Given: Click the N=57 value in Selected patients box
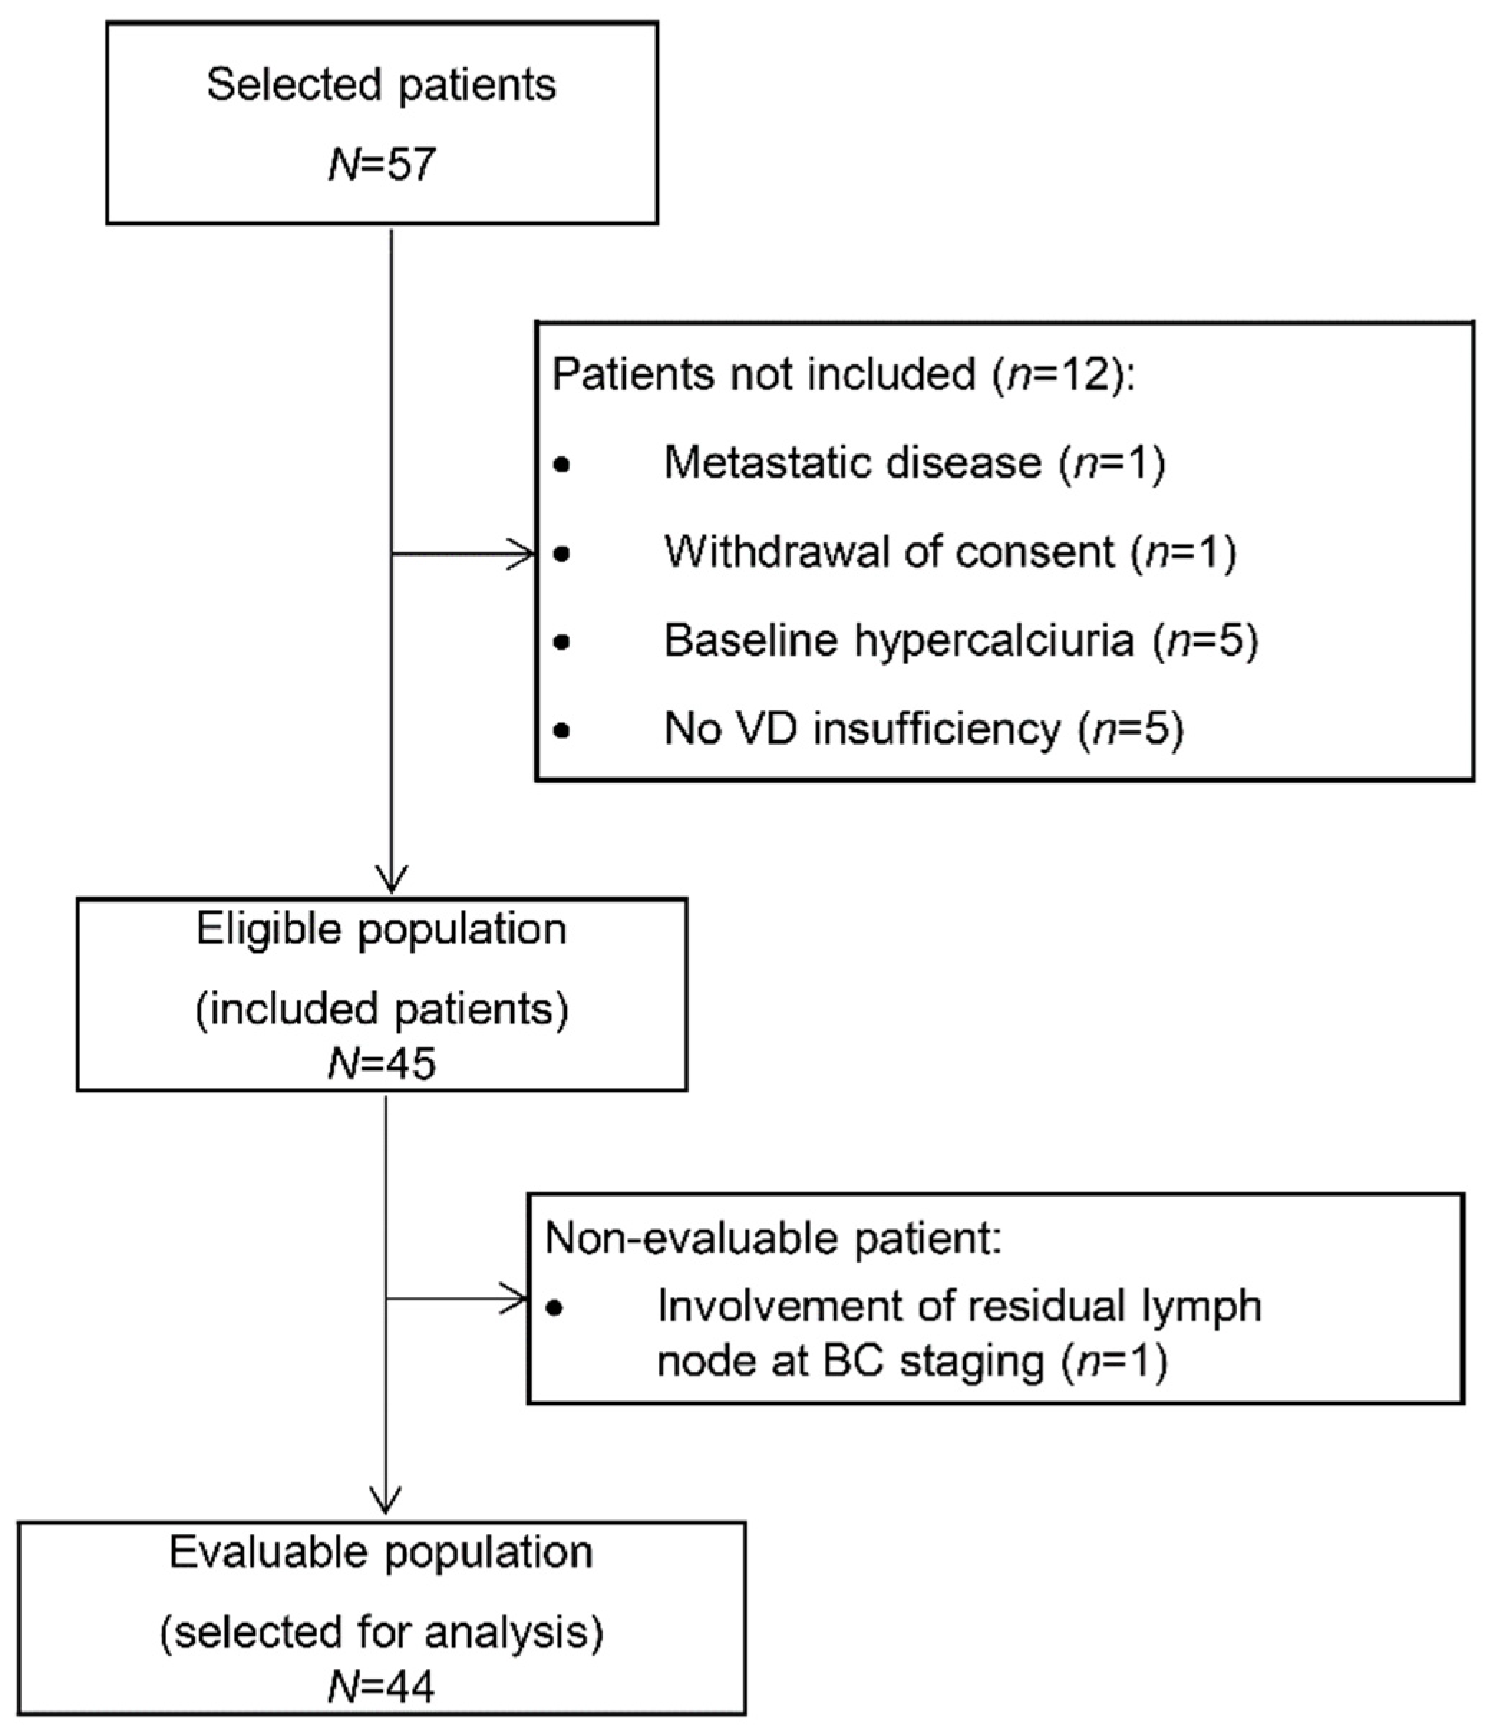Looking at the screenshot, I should tap(382, 164).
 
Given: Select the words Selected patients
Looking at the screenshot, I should tap(382, 85).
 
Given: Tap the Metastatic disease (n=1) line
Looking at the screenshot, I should tap(913, 463).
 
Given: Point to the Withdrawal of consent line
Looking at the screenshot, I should tap(950, 552).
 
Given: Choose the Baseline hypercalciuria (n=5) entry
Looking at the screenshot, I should tap(961, 641).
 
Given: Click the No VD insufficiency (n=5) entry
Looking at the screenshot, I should tap(923, 729).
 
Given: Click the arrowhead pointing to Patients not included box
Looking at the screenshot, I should tap(524, 554).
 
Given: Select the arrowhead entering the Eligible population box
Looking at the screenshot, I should tap(392, 882).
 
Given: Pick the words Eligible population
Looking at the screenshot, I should tap(382, 929).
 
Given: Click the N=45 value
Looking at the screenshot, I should tap(382, 1064).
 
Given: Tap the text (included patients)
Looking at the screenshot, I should tap(382, 1009).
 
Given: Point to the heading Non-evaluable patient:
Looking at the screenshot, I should tap(773, 1238).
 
